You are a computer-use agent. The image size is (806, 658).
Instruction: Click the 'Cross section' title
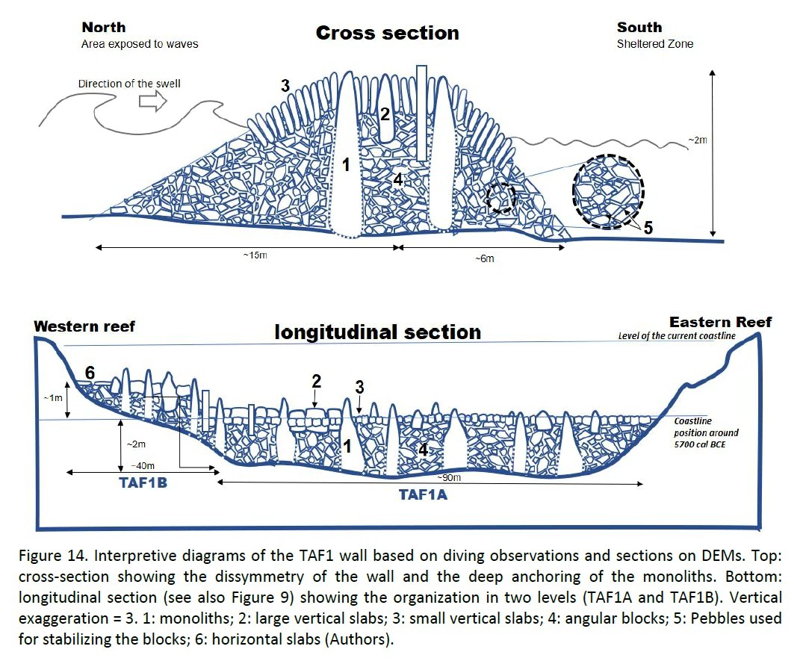tap(387, 34)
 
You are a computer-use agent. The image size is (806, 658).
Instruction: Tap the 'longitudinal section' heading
tap(377, 332)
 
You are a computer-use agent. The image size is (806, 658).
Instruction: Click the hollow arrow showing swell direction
tap(152, 103)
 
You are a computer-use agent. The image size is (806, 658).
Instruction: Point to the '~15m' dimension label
tap(254, 255)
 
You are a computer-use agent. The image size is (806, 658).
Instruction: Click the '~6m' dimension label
tap(485, 258)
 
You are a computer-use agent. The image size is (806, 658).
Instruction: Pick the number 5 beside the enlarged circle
tap(648, 228)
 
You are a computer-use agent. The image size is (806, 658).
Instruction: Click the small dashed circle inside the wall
tap(500, 198)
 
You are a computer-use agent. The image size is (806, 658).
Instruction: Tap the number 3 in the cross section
tap(285, 87)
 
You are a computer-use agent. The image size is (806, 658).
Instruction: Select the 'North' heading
tap(104, 28)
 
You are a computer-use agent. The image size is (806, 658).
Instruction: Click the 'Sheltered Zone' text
tap(654, 44)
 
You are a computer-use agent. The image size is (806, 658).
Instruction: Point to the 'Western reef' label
tap(84, 326)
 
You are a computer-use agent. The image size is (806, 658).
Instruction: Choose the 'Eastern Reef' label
tap(720, 322)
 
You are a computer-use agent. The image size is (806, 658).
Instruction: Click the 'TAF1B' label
tap(143, 482)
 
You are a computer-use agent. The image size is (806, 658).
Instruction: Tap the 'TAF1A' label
tap(423, 494)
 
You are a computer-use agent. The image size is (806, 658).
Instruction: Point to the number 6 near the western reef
tap(90, 372)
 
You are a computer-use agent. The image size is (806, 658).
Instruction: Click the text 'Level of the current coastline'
tap(677, 336)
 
